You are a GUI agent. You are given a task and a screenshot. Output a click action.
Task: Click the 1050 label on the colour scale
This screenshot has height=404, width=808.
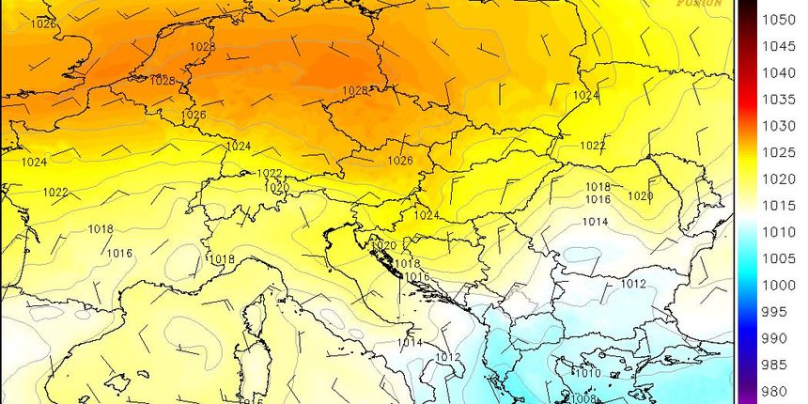tap(779, 19)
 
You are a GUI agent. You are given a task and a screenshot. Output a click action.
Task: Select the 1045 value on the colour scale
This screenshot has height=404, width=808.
tap(779, 46)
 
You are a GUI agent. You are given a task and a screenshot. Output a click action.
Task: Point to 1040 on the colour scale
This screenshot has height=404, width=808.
tap(779, 72)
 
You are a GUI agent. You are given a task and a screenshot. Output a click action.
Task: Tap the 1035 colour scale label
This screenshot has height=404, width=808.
tap(779, 99)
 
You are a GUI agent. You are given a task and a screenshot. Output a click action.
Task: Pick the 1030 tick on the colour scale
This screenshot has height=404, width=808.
tap(779, 125)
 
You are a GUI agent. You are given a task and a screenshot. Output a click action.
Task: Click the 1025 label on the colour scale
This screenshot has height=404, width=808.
tap(779, 152)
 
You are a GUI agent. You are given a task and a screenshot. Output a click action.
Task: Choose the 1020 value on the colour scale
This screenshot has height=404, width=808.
tap(779, 179)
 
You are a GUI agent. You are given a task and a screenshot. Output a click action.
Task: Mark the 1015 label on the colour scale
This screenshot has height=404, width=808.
tap(779, 205)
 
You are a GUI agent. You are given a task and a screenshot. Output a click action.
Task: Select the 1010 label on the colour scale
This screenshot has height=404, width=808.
tap(779, 231)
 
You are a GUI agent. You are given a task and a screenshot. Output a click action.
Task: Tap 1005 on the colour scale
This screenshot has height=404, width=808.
tap(779, 258)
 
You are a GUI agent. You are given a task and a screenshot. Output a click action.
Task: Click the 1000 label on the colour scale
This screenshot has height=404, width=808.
tap(779, 285)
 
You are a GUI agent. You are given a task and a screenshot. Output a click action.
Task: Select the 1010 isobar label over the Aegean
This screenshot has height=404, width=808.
tap(587, 373)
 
